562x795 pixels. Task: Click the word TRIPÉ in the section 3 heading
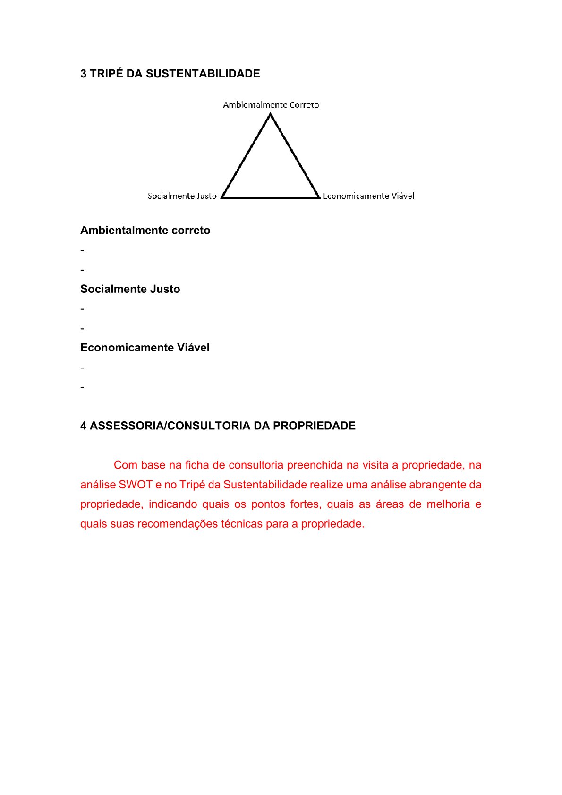(x=106, y=74)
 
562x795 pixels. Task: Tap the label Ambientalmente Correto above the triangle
(x=271, y=105)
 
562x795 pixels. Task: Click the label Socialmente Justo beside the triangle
(x=182, y=196)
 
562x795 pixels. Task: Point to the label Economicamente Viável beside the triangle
(x=368, y=196)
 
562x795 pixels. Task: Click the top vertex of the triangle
(x=270, y=115)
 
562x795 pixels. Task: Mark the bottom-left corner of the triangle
(x=221, y=197)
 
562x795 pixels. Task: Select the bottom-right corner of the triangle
(x=319, y=197)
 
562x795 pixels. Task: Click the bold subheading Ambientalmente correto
(x=145, y=231)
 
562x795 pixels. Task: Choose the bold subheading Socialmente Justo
(x=130, y=289)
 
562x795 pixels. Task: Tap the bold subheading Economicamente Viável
(x=145, y=348)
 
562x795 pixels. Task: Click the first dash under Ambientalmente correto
(x=82, y=250)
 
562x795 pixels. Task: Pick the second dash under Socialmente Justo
(x=82, y=328)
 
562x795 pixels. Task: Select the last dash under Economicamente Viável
(x=82, y=387)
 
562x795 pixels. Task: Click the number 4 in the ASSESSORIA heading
(x=83, y=426)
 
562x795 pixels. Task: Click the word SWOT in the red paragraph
(x=136, y=485)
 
